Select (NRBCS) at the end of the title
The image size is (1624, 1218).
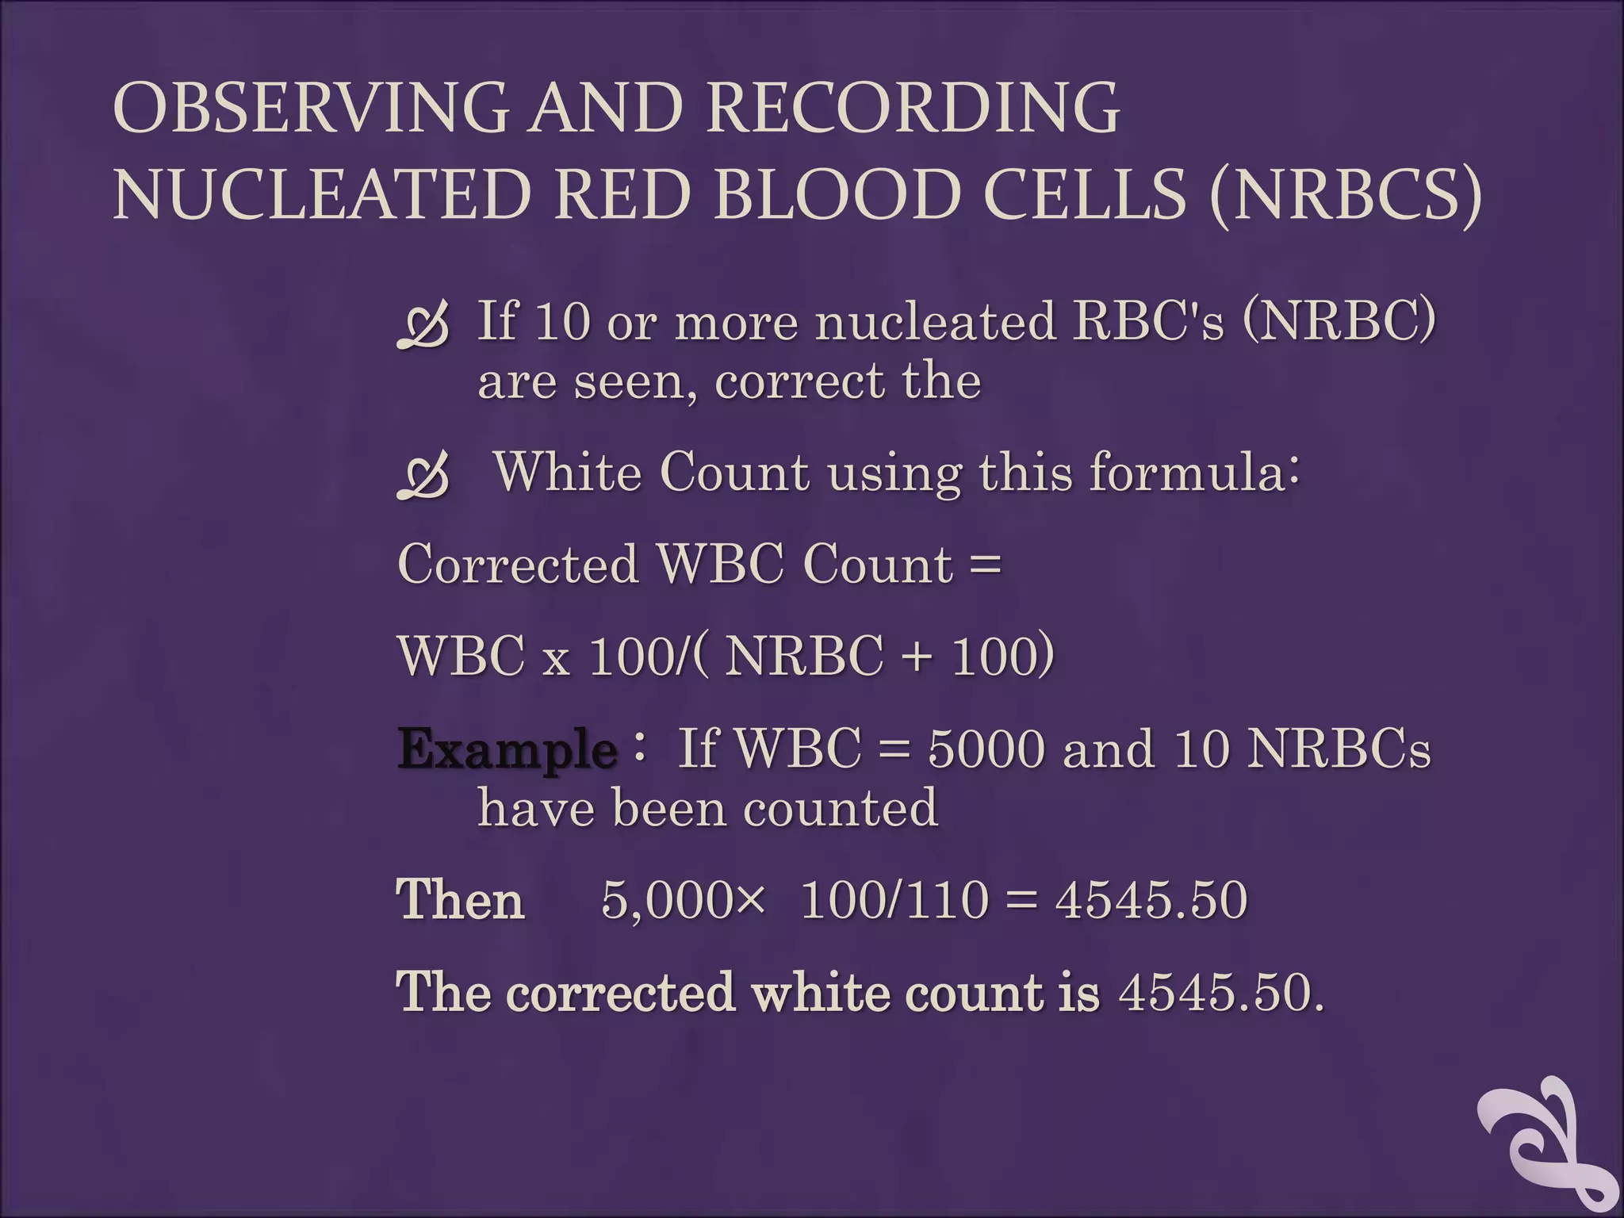(x=1346, y=195)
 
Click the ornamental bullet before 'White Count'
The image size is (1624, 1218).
(x=423, y=477)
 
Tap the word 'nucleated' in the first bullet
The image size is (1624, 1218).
(x=935, y=322)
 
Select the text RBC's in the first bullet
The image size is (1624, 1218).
(x=1136, y=322)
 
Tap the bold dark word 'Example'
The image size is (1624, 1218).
(x=507, y=749)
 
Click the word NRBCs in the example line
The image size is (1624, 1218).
(x=1339, y=749)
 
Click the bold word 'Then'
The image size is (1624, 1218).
(x=460, y=901)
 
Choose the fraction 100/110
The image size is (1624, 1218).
(x=895, y=901)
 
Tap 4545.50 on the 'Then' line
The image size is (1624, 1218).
(x=1151, y=901)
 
